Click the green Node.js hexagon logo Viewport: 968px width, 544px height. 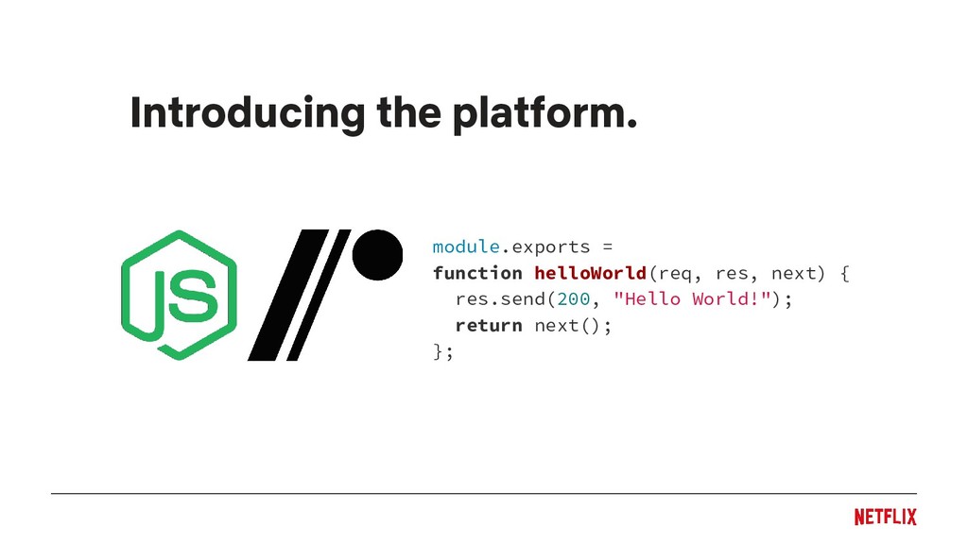point(178,295)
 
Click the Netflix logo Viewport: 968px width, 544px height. point(885,517)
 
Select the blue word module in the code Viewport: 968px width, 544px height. point(465,246)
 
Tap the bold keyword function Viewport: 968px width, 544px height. point(477,273)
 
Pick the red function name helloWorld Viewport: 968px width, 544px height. point(590,273)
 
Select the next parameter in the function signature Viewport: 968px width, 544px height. point(797,273)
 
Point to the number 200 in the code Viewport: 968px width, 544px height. point(573,299)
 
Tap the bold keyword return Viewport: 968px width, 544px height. point(488,326)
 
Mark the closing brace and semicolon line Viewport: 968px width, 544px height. point(442,352)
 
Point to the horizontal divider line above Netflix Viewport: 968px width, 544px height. point(483,493)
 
